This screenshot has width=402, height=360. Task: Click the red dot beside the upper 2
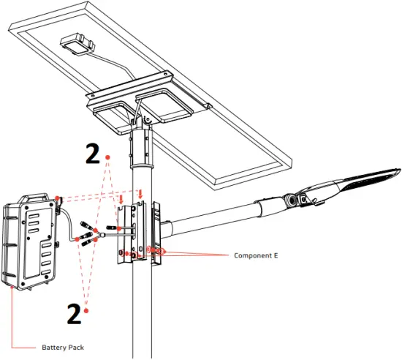[x=108, y=157]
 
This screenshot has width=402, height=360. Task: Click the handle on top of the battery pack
[x=31, y=198]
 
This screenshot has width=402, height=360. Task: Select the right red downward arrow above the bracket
[x=141, y=194]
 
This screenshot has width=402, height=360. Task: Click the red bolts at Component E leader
[x=156, y=251]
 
